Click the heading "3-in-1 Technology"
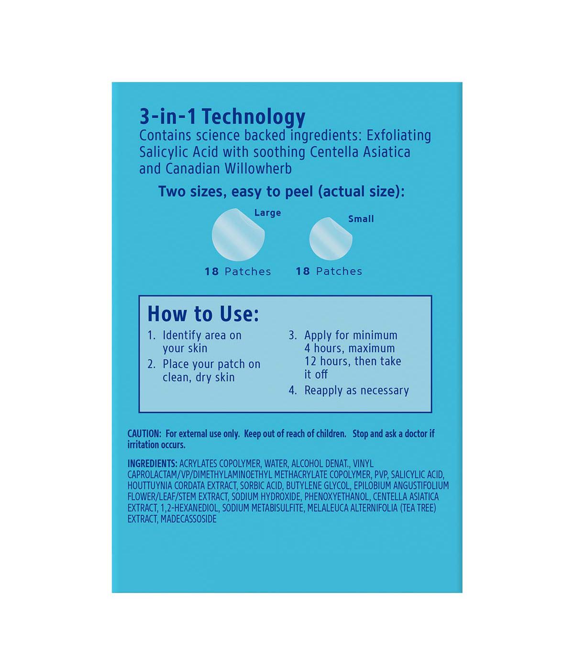tap(222, 117)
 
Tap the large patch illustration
tap(238, 235)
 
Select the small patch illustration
tap(331, 238)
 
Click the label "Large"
tap(267, 213)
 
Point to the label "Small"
tap(361, 219)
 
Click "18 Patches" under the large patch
tap(238, 272)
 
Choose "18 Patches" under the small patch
tap(329, 271)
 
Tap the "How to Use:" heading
tap(203, 314)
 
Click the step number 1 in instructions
tap(151, 335)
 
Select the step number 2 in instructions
tap(151, 365)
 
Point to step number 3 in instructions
tap(292, 335)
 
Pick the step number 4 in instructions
tap(292, 391)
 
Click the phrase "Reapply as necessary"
tap(356, 391)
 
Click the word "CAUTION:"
tap(144, 434)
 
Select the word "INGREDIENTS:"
tap(152, 464)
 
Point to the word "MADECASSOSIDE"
tap(188, 519)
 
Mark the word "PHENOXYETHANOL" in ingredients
tap(337, 497)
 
